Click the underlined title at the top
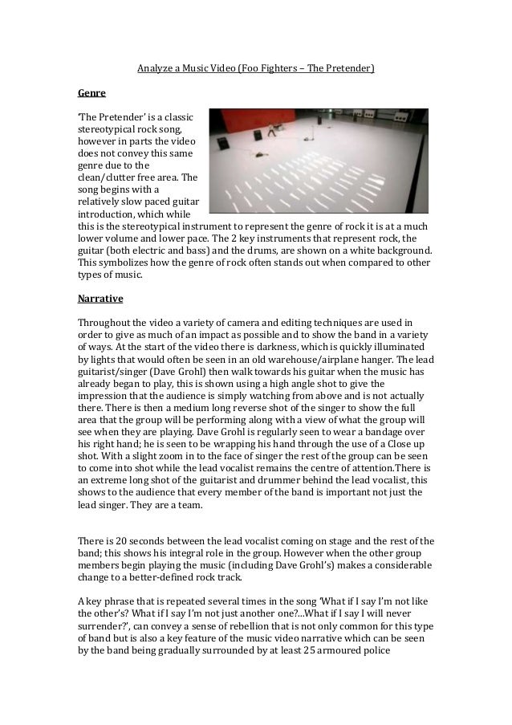(255, 70)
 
